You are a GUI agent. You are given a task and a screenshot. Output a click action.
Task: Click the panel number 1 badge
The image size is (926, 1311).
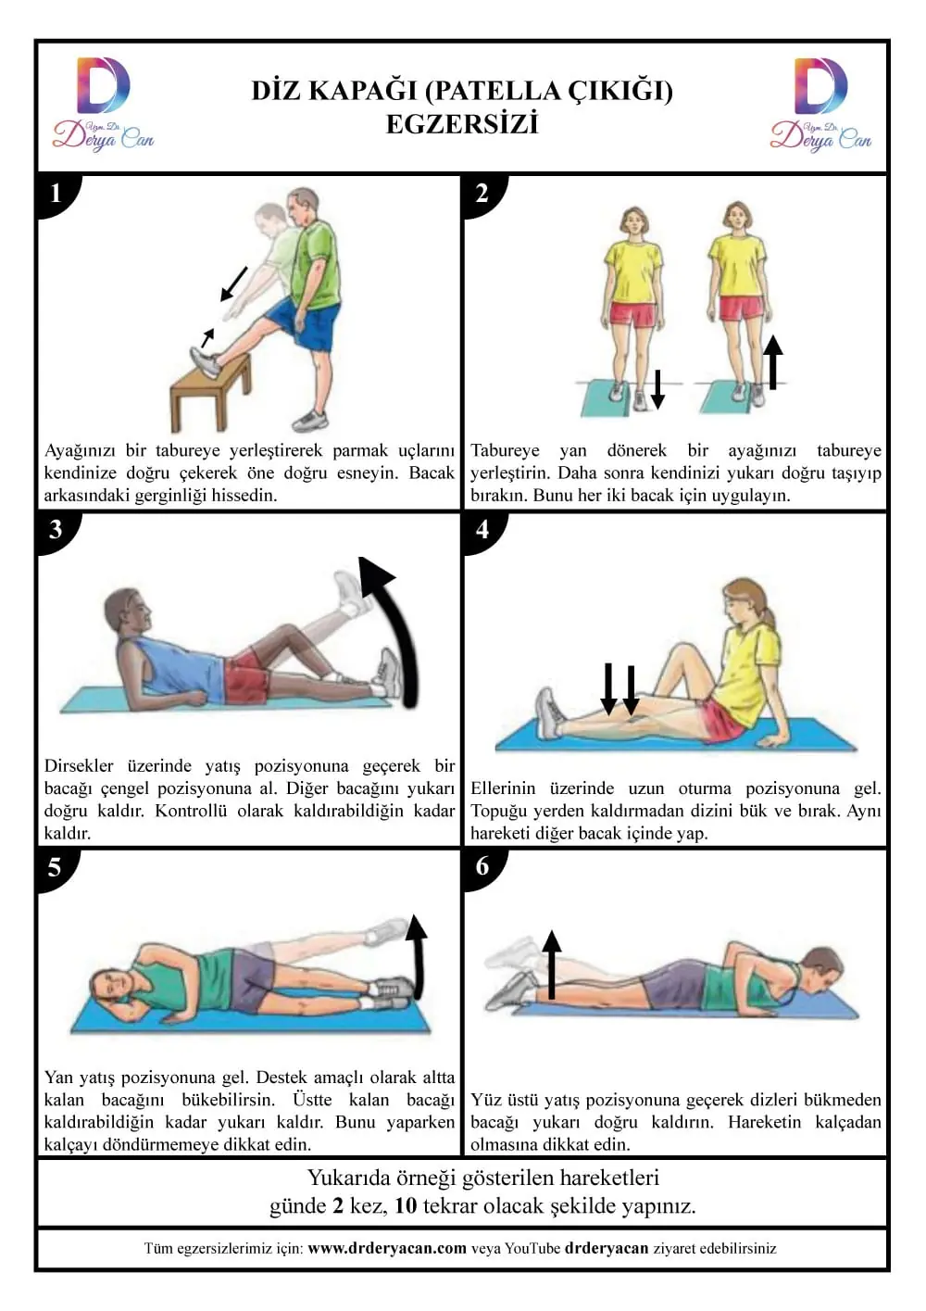pos(56,195)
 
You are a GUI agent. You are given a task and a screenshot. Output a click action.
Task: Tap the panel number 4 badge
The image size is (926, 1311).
pos(482,530)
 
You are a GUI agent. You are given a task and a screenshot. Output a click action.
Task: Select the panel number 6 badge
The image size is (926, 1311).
pos(482,867)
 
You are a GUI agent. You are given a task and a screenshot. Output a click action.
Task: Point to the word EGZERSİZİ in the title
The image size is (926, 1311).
pos(462,124)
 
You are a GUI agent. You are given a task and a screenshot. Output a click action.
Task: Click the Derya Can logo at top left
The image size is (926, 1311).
pos(104,104)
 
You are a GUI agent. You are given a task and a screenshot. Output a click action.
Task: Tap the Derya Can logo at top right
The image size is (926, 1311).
pos(820,104)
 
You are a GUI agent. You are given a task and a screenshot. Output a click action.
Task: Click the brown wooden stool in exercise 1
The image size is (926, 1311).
pos(210,392)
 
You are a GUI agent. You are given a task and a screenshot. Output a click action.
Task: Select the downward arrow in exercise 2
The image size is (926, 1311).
pos(657,388)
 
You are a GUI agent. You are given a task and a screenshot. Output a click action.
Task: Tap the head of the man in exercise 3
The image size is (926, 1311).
pos(128,612)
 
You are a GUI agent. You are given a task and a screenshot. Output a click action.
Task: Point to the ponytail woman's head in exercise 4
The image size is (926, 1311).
pos(745,603)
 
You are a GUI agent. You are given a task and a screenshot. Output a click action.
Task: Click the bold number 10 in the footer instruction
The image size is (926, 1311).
pos(406,1205)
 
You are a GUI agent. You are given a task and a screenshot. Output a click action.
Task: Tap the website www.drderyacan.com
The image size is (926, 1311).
pos(387,1248)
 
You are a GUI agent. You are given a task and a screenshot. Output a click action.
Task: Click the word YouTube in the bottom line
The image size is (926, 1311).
pos(532,1248)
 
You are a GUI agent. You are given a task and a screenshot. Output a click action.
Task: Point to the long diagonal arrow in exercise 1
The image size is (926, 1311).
pos(234,284)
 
